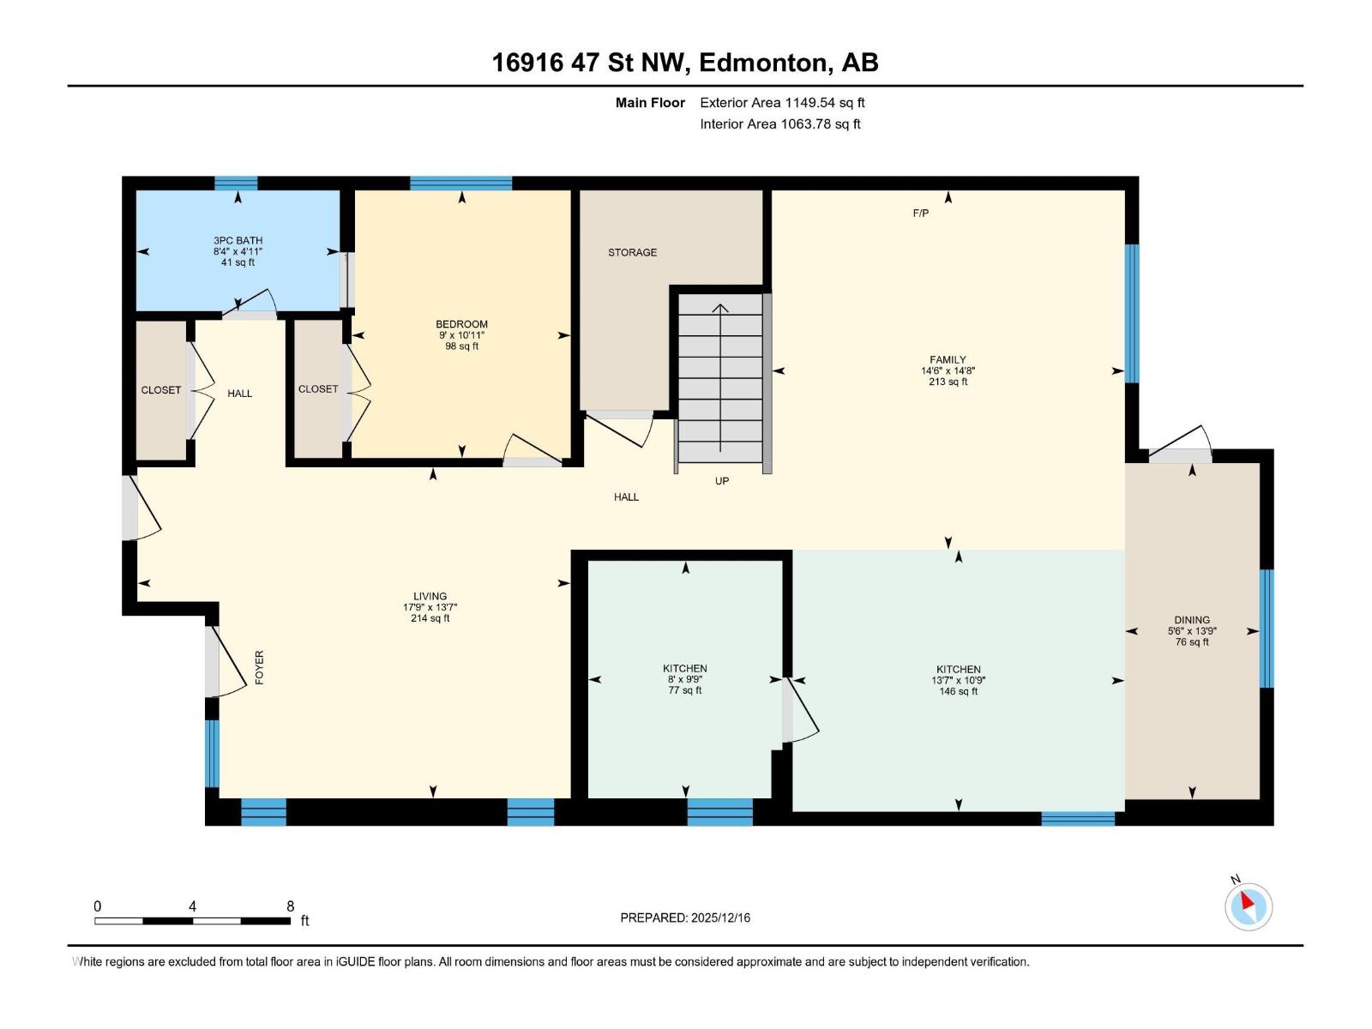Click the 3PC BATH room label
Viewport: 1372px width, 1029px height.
238,241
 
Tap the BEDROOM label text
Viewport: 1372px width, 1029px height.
461,324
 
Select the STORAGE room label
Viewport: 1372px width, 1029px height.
632,252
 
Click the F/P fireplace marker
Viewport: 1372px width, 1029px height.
920,213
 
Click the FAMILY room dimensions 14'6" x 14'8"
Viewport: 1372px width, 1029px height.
948,371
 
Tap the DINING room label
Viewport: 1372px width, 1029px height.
1192,619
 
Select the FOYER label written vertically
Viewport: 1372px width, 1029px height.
259,667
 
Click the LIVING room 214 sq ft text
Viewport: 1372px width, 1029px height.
430,618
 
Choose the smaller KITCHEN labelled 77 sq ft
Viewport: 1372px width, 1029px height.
684,668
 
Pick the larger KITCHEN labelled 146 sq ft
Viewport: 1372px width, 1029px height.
958,669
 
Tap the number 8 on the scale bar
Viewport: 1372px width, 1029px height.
291,906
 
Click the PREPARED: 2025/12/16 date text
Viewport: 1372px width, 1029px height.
685,918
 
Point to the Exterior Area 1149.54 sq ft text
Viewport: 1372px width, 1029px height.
782,102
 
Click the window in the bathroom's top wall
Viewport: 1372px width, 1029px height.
236,183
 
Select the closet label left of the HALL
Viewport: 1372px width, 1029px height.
161,390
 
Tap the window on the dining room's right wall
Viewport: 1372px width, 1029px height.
1266,629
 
